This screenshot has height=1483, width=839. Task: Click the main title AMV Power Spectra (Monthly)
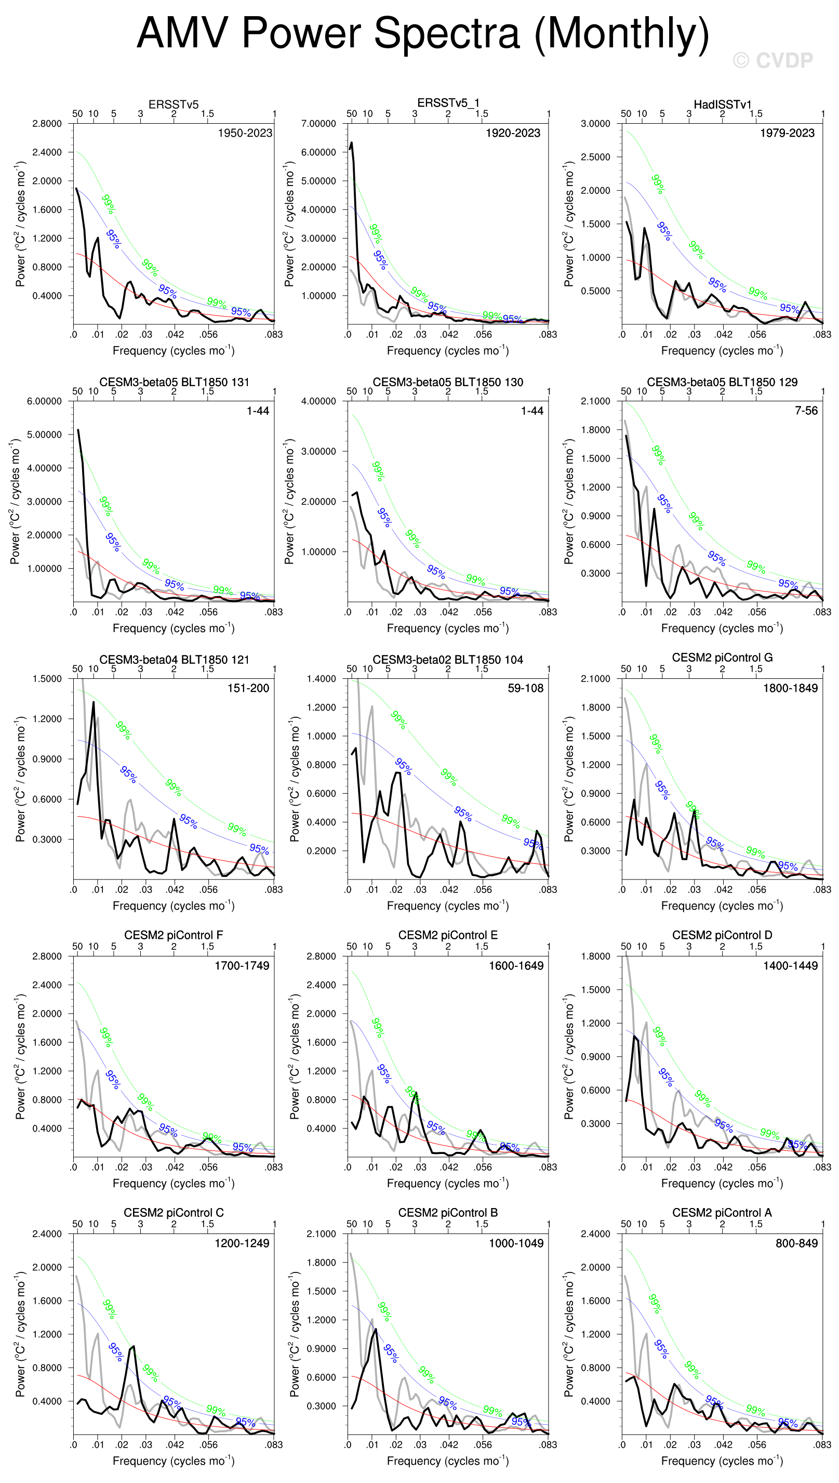tap(422, 33)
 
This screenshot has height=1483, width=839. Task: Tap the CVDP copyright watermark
tap(773, 60)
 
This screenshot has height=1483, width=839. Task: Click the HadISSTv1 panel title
tap(722, 104)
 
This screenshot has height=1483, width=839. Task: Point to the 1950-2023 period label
tap(244, 133)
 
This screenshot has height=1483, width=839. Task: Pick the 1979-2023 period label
tap(787, 133)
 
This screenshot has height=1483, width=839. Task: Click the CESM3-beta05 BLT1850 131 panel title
tap(174, 382)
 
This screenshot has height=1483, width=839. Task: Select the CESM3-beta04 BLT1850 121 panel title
tap(174, 659)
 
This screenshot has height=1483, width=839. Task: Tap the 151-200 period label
tap(248, 688)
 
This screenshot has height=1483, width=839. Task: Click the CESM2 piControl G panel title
tap(722, 658)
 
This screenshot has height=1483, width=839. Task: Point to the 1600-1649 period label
tap(516, 965)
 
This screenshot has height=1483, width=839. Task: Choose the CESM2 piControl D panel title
tap(722, 935)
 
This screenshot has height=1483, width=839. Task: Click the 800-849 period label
tap(796, 1242)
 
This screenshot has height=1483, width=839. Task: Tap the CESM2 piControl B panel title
tap(448, 1212)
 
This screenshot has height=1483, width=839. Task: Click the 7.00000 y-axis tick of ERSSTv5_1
tap(318, 123)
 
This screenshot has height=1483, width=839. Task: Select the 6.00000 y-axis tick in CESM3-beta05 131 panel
tap(44, 401)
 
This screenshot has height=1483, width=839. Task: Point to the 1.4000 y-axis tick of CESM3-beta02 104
tap(321, 679)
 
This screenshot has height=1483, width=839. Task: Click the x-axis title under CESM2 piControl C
tap(174, 1461)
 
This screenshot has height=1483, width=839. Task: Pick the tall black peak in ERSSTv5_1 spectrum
tap(352, 143)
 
